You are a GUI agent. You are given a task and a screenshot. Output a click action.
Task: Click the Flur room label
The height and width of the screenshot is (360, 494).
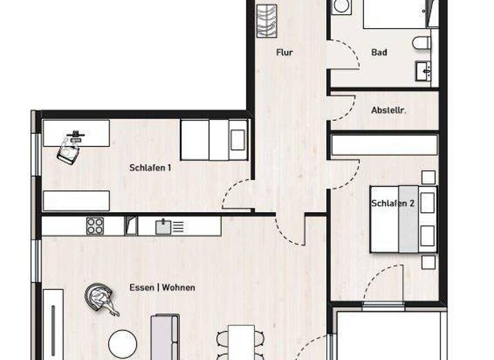point(284,53)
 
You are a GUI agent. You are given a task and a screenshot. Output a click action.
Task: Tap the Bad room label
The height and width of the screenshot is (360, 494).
point(380,53)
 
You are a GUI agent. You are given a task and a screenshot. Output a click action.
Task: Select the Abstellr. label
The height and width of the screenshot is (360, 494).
point(389,110)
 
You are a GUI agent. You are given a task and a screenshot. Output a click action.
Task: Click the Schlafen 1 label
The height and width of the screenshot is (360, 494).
point(150,168)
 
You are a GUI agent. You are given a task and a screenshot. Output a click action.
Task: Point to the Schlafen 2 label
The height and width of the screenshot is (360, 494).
point(392,203)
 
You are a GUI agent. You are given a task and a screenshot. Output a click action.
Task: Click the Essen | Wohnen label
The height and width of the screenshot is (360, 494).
point(162,287)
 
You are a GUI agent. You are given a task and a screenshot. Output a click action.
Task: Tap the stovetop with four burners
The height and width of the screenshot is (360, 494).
point(95,226)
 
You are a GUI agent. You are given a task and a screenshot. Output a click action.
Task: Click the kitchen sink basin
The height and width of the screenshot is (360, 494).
point(163,226)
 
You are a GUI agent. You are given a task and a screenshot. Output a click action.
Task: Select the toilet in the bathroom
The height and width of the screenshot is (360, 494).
point(422,43)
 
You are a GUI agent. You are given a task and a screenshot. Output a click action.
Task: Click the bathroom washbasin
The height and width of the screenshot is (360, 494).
point(423,71)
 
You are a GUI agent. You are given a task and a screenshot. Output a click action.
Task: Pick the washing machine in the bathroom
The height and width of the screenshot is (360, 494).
point(340,6)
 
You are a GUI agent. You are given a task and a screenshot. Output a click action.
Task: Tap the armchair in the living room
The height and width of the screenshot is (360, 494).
point(100,297)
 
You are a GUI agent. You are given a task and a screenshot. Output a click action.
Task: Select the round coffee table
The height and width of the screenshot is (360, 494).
point(122,342)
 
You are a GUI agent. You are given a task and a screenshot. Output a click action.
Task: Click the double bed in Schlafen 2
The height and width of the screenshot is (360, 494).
point(403,219)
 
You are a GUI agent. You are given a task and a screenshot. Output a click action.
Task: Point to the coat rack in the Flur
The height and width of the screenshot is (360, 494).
point(267,21)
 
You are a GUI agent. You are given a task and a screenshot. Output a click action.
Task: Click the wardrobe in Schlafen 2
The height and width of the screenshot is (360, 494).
point(385,145)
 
